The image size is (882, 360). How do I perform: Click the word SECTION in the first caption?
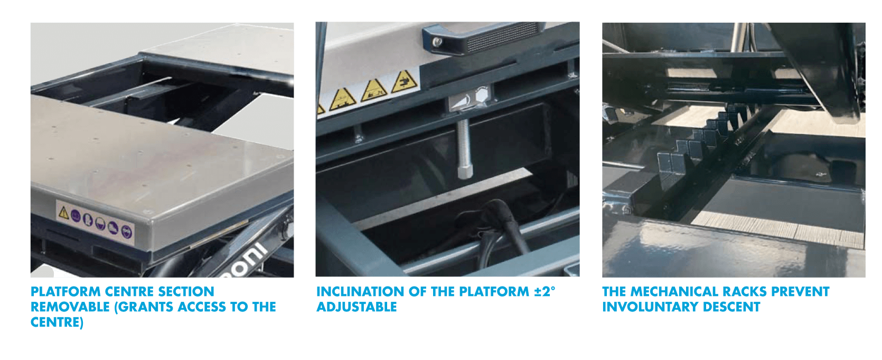point(186,291)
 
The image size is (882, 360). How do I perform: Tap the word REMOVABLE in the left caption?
point(70,307)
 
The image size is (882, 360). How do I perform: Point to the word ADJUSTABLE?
point(356,307)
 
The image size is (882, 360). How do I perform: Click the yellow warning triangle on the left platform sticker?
point(63,212)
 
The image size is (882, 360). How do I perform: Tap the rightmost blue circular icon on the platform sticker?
point(126,232)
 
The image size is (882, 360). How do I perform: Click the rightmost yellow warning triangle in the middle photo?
point(404,81)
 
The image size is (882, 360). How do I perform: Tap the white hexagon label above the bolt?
point(481,94)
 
